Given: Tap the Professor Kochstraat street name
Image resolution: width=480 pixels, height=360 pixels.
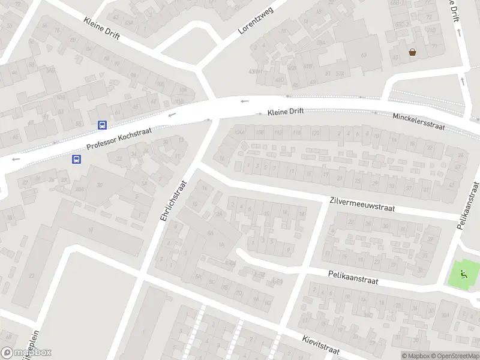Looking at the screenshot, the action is coord(119,139).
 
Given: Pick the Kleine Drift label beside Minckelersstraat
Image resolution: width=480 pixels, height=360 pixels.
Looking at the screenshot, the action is coord(286,111).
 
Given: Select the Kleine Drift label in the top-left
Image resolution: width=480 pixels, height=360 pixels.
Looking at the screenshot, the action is coord(101,28).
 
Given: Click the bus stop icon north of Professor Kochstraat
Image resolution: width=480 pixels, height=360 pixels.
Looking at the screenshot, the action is coord(103,125).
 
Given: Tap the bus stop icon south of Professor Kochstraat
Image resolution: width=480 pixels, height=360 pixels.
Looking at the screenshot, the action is coord(77,159).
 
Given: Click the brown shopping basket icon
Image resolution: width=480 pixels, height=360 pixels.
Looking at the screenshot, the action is coord(412,52).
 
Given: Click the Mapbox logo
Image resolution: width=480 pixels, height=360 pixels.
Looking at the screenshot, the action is coord(26,353).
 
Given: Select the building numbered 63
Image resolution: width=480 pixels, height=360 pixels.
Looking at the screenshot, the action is coord(363,55).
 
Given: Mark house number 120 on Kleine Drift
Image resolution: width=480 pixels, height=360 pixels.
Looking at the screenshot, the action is coord(315,133).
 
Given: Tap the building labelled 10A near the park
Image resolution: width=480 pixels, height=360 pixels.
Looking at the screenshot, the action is coord(445,315).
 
